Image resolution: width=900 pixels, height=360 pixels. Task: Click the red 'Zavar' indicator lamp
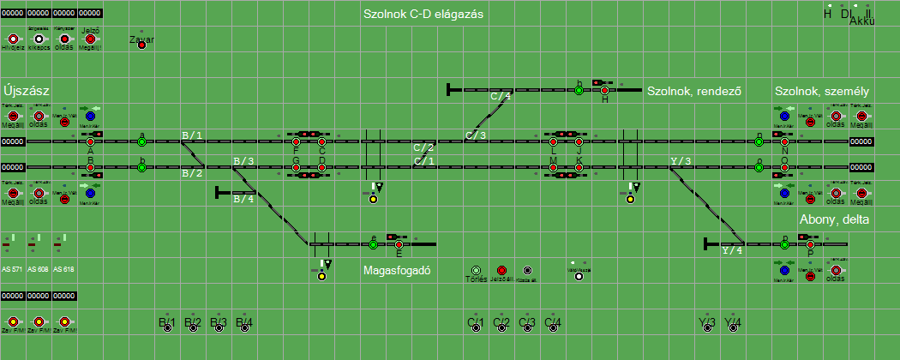141,45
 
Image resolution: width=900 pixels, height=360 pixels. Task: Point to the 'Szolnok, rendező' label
693,91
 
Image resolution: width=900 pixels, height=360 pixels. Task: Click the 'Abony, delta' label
834,219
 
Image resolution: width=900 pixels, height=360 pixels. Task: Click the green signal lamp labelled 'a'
141,141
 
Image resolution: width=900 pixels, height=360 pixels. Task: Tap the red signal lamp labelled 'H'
604,90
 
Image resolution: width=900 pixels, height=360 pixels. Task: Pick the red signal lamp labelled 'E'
399,244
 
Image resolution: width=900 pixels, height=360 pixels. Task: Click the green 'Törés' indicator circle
476,270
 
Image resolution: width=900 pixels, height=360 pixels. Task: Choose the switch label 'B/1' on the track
192,135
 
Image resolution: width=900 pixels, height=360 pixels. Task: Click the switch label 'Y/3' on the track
681,161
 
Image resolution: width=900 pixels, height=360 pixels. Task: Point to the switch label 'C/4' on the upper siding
501,96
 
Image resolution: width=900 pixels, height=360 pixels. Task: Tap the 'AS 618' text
63,269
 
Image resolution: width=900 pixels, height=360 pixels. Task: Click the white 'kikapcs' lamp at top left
39,39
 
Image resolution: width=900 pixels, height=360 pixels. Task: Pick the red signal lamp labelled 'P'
810,244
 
